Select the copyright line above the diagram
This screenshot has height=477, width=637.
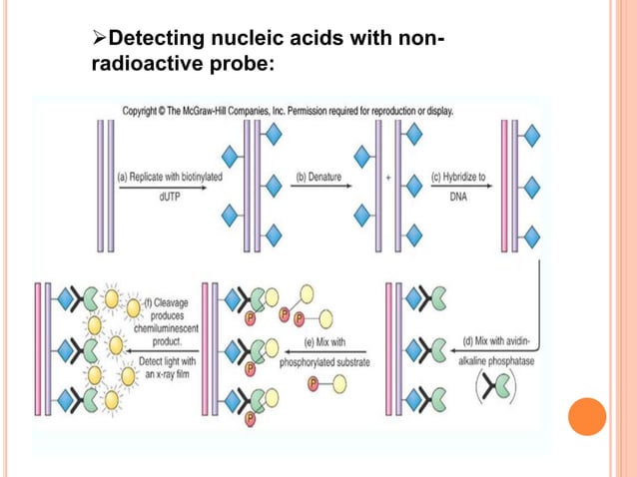pos(288,111)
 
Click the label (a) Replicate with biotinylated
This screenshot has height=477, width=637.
pos(170,177)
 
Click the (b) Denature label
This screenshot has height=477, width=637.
pos(318,177)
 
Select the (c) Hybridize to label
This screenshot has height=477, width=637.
pos(458,177)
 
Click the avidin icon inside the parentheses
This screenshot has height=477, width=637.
pos(499,390)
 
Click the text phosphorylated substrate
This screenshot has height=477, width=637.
pos(324,362)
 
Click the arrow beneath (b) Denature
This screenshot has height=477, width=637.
pos(318,188)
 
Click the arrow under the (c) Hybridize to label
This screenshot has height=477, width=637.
pos(458,188)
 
